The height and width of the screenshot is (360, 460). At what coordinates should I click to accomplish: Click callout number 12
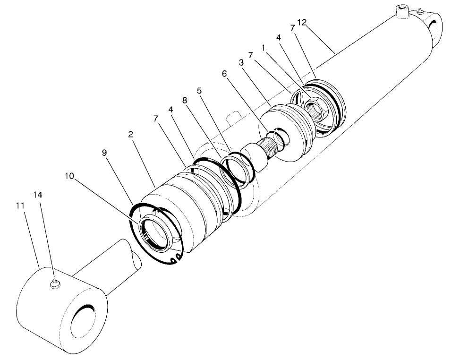[302, 22]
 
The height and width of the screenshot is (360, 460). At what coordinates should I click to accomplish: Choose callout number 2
[130, 134]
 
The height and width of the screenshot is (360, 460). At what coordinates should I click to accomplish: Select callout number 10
[69, 176]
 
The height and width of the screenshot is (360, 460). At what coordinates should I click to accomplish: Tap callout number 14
[38, 195]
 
